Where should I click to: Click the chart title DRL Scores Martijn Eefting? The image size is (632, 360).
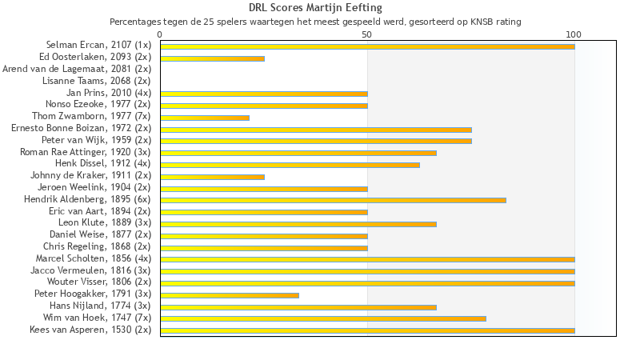(x=315, y=8)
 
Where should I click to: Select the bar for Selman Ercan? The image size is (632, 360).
(x=367, y=46)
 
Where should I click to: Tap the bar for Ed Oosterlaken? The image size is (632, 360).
(x=212, y=58)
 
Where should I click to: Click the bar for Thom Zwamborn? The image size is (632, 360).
(x=205, y=118)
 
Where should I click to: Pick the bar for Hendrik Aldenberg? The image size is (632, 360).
(x=333, y=200)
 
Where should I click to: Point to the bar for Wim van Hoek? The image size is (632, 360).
(x=323, y=318)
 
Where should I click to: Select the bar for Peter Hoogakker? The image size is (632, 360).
(x=230, y=295)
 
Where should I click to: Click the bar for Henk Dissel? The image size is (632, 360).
(x=290, y=165)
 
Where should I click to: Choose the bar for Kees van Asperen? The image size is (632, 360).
(x=367, y=330)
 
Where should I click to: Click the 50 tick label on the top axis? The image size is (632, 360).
(x=367, y=34)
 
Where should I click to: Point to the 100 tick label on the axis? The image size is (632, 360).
(x=574, y=34)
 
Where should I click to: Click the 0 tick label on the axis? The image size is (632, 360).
(x=160, y=34)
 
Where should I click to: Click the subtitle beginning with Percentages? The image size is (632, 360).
(x=315, y=22)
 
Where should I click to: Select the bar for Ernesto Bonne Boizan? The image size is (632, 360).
(x=316, y=130)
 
